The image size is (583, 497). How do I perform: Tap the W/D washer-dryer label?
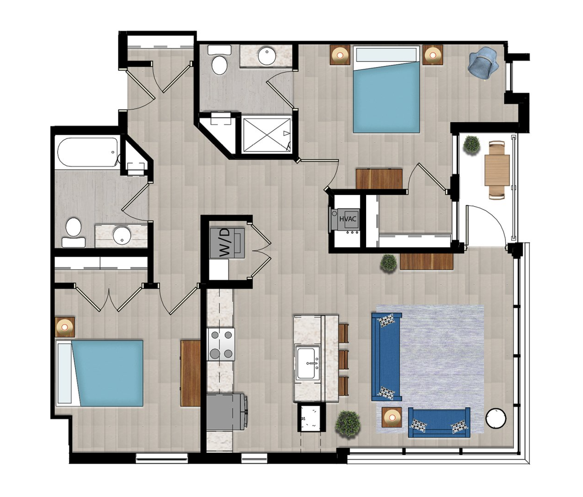(227, 243)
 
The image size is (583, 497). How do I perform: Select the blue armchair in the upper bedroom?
(483, 68)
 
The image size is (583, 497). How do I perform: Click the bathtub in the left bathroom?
(88, 152)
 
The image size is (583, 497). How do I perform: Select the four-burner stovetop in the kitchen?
(221, 344)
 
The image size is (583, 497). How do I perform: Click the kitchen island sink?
(307, 364)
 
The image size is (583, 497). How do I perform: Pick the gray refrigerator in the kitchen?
(227, 412)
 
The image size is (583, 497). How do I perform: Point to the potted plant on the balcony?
(472, 144)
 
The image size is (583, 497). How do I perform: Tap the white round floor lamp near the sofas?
(496, 418)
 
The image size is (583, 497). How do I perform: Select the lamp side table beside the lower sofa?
(391, 417)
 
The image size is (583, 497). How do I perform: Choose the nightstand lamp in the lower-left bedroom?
(64, 327)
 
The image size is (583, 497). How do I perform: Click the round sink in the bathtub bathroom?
(122, 235)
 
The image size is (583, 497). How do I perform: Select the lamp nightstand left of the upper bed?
(340, 55)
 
